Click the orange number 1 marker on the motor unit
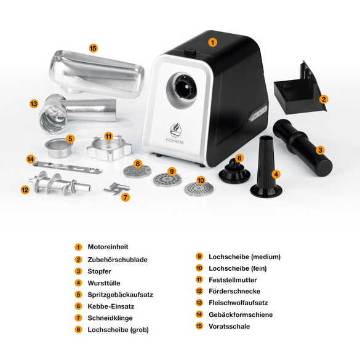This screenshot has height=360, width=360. click(212, 42)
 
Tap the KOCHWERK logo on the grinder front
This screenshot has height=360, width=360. click(175, 134)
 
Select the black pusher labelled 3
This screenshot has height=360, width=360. click(302, 148)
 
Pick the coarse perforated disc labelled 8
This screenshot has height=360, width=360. click(137, 172)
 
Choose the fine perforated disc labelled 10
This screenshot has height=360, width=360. click(199, 189)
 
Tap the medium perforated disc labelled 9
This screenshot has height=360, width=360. click(167, 180)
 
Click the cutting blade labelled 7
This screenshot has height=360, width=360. click(116, 189)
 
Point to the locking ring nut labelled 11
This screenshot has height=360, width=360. click(109, 148)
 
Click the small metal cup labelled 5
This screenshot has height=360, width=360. click(58, 148)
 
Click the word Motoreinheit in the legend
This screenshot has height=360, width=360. click(108, 247)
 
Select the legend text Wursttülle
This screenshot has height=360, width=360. click(104, 283)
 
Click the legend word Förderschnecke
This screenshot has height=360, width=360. click(234, 291)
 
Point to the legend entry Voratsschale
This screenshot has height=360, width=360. click(229, 326)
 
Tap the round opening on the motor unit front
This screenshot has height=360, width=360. click(185, 86)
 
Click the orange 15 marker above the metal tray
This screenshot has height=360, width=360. click(93, 49)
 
